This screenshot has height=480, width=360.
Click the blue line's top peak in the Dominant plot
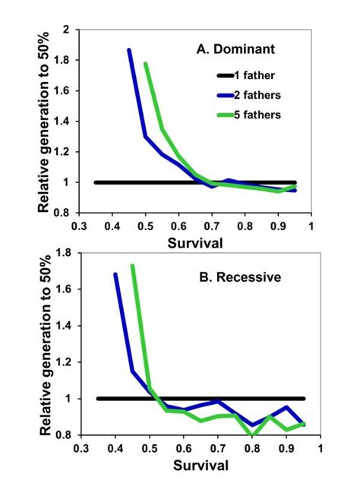click(x=129, y=50)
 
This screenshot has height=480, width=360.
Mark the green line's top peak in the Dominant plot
click(x=145, y=64)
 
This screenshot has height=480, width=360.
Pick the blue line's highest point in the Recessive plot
click(x=115, y=274)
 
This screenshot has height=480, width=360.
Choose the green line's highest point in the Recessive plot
click(x=132, y=266)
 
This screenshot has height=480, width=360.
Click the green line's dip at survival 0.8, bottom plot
click(x=252, y=434)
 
